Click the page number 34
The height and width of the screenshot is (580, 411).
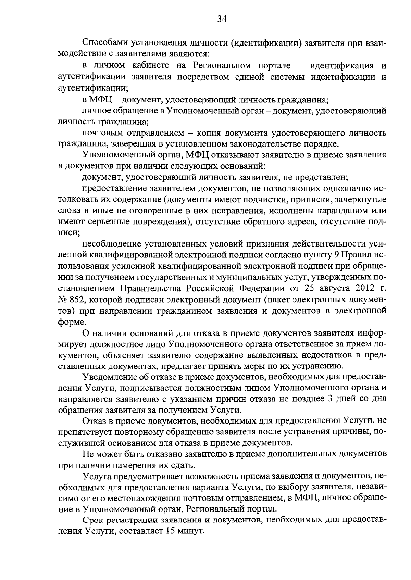(222, 19)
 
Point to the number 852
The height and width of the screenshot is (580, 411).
(77, 300)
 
